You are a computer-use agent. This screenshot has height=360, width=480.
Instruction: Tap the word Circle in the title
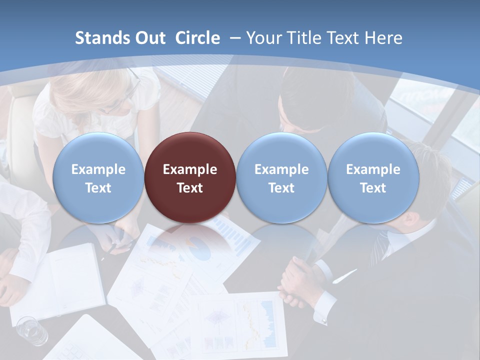click(x=197, y=38)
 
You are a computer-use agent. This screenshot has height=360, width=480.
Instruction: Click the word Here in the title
click(x=384, y=38)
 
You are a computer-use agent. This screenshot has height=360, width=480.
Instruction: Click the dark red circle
click(x=190, y=177)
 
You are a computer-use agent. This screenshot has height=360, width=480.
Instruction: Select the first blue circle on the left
click(x=98, y=177)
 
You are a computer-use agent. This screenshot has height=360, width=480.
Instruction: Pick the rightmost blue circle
click(x=373, y=177)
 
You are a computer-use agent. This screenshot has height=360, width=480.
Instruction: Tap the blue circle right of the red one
click(x=281, y=177)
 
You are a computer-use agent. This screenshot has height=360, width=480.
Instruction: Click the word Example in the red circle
click(x=190, y=169)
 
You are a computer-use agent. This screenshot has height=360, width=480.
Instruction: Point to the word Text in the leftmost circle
click(x=98, y=188)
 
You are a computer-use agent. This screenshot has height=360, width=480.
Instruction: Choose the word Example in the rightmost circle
click(x=373, y=169)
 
